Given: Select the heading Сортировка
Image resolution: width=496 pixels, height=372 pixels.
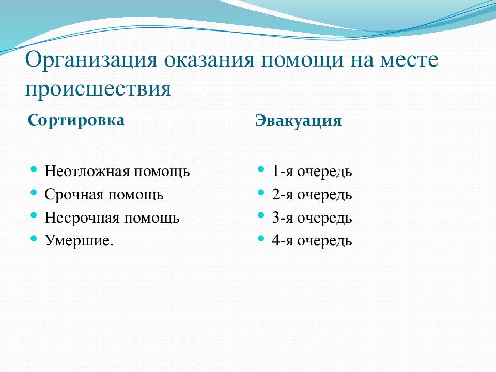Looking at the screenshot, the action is tap(76, 120).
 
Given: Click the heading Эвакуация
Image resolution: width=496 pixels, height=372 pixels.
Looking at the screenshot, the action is tap(299, 121).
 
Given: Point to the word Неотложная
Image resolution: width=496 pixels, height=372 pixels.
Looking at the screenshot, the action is tap(87, 172).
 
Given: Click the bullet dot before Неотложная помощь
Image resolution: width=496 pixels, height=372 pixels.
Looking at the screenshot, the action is tap(34, 169).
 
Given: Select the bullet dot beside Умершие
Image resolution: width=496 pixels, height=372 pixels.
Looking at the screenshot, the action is tap(34, 238).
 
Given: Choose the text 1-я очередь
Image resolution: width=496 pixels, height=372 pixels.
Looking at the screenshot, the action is tap(312, 172).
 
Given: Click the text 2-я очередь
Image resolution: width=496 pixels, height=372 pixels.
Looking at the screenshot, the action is tap(312, 195).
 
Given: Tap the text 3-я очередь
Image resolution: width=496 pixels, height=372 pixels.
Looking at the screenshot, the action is tap(312, 218).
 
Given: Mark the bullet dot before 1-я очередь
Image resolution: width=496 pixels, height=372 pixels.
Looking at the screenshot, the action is tap(261, 169).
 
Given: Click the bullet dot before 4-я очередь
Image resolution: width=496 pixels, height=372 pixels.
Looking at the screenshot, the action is tap(261, 238).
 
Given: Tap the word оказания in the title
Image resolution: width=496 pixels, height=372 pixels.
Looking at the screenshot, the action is tap(209, 60).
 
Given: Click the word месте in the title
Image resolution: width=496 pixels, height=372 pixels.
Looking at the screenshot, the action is tap(409, 60).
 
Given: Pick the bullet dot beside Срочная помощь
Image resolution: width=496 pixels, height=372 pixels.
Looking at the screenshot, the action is tap(34, 192).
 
